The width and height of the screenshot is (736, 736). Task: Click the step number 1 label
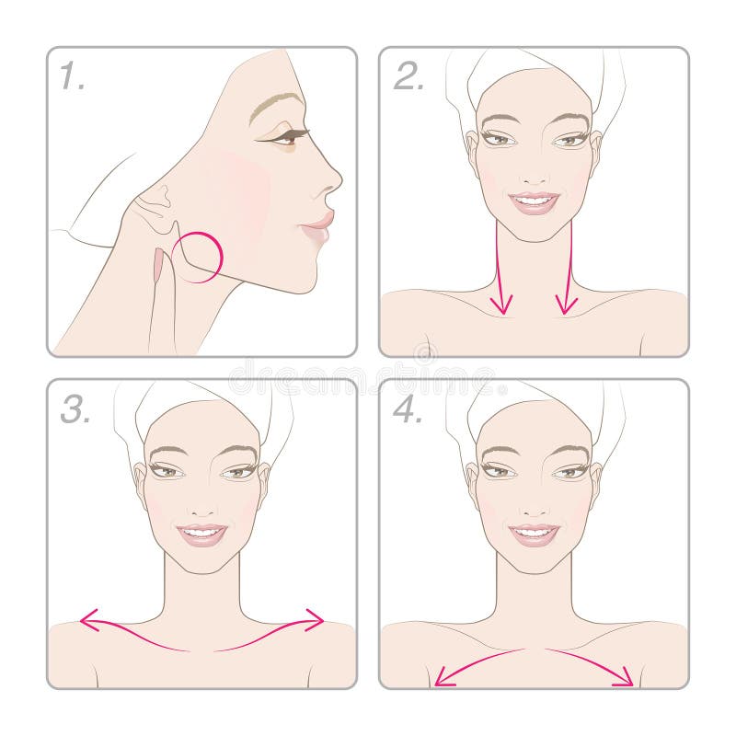73,77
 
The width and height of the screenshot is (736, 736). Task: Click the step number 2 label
408,77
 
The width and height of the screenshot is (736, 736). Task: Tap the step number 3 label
75,408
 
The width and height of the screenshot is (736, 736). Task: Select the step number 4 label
408,408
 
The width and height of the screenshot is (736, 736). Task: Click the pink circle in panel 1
197,258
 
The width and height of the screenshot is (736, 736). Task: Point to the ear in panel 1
155,207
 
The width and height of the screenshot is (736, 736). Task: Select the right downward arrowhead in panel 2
566,305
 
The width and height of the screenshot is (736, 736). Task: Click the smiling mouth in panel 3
201,533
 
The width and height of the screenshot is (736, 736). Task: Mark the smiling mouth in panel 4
534,533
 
